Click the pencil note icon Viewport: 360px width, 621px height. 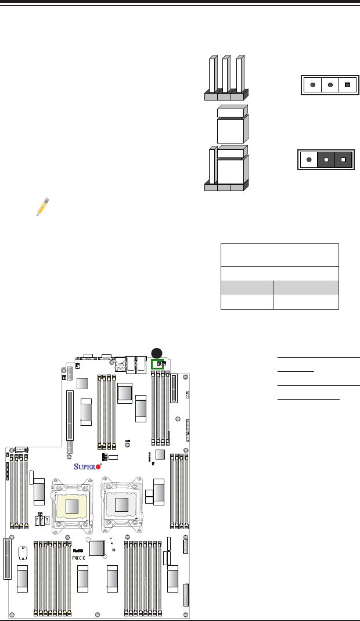[42, 206]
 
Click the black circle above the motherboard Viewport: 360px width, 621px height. [156, 352]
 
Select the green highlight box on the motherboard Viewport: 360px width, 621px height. [159, 364]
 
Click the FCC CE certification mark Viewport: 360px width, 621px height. [78, 557]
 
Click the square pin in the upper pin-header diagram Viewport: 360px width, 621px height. [347, 85]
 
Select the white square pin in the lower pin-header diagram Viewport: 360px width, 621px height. [343, 159]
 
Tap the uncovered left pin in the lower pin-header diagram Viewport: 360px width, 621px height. [309, 159]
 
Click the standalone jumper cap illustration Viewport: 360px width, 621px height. [232, 124]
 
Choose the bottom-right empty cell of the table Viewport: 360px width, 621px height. [306, 301]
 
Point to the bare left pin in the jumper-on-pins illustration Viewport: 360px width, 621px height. [212, 168]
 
